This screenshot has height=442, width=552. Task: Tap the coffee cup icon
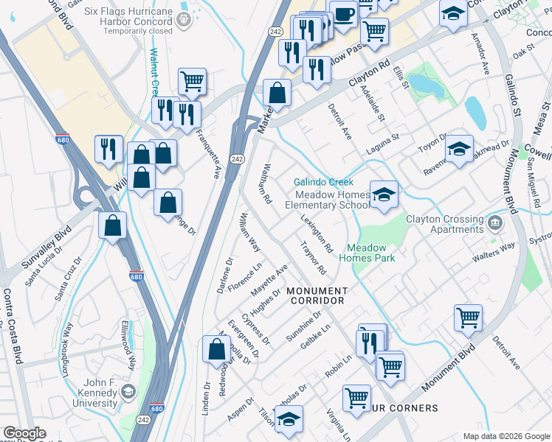click(343, 14)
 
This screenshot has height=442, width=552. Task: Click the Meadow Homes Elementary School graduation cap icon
click(384, 196)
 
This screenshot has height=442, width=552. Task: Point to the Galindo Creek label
click(323, 182)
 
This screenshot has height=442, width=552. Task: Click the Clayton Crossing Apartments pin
click(494, 221)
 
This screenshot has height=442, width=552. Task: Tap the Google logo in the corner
click(24, 434)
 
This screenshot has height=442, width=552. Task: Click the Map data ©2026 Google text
click(506, 436)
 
